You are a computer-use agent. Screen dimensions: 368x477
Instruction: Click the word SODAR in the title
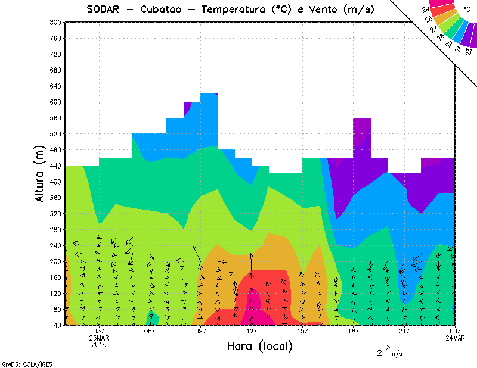tap(103, 9)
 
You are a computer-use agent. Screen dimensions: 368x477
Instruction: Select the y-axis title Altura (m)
tap(39, 173)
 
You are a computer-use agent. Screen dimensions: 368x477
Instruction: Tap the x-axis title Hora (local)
tap(259, 346)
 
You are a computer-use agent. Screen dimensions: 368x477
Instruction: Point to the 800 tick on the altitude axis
tap(55, 22)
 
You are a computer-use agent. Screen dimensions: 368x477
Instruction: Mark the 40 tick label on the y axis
tap(57, 325)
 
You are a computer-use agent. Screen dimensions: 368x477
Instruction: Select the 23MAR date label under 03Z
tap(99, 338)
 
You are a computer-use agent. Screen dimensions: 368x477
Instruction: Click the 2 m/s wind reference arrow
tap(379, 347)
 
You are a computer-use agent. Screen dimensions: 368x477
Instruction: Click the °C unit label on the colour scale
tap(467, 9)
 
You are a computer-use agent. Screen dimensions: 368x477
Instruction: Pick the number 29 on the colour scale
tap(426, 10)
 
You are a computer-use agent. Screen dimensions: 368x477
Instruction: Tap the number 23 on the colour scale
tap(469, 51)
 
